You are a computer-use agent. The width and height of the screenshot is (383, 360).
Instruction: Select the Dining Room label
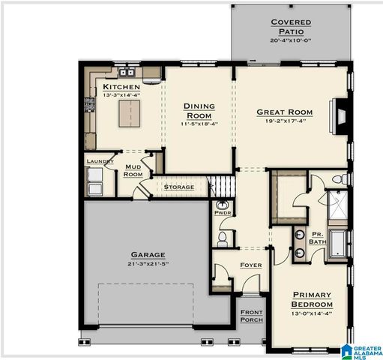pos(199,110)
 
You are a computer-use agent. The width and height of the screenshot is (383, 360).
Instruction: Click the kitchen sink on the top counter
pos(124,73)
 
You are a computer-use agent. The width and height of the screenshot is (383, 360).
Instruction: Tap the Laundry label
pos(100,161)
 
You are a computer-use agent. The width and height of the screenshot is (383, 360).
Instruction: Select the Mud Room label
pos(133,170)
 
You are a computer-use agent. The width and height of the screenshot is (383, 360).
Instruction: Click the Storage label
pos(179,187)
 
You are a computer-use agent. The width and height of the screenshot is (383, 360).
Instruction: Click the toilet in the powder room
pos(223,238)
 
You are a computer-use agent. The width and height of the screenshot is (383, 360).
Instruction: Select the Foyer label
pos(250,265)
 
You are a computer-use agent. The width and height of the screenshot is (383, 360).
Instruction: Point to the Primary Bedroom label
pos(312,299)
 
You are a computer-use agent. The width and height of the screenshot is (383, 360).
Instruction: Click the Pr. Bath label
pos(318,237)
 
